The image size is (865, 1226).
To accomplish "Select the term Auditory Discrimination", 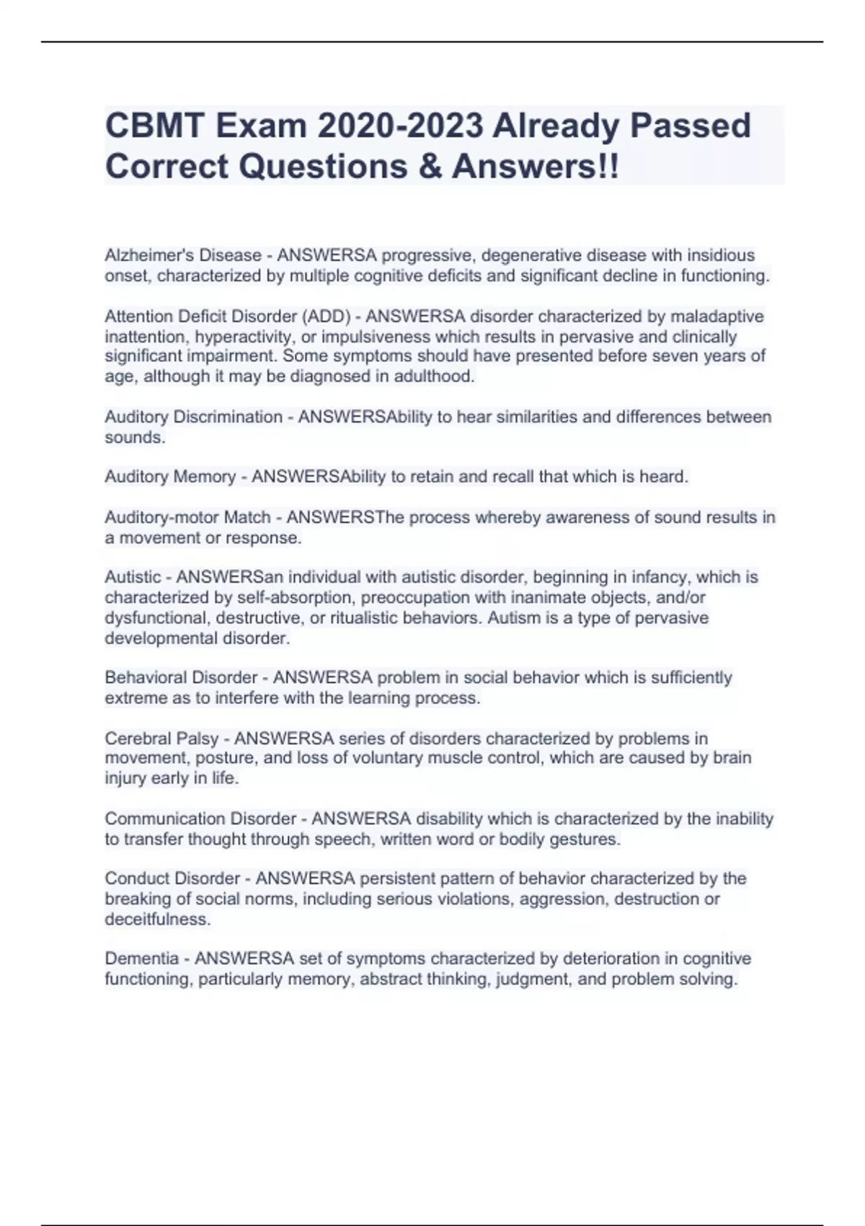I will click(193, 417).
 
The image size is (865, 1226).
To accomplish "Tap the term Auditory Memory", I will click(170, 477).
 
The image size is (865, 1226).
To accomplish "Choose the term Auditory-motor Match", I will click(187, 517).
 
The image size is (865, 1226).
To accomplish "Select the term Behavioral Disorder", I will click(181, 678).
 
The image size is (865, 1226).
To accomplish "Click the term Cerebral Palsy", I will click(161, 738).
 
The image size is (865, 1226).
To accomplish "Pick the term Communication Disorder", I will click(200, 819).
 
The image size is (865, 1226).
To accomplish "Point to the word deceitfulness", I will click(157, 919).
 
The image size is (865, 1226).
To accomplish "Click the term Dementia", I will click(141, 958).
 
